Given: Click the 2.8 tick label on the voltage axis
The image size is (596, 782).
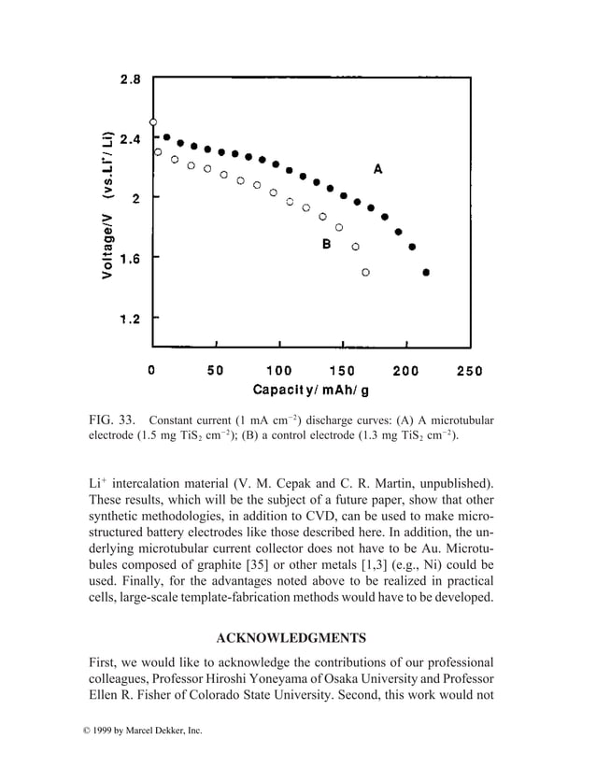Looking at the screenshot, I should pos(130,79).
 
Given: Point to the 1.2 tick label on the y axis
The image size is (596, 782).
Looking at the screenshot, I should pos(130,319).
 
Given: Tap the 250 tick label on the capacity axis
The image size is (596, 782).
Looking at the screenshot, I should pos(468,370).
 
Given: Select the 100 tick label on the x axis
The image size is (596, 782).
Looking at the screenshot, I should pos(278,370).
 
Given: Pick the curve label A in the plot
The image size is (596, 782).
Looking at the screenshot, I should pos(377,169).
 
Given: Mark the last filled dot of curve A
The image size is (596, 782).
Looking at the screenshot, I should pos(426,273).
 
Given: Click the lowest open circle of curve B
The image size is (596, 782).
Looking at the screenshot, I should pos(365,272).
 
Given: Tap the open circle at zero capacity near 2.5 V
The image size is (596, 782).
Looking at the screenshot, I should pos(153,121).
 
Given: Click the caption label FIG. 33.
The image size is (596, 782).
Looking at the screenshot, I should pos(110,419).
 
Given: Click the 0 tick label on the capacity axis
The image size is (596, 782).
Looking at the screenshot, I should pos(152,370).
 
